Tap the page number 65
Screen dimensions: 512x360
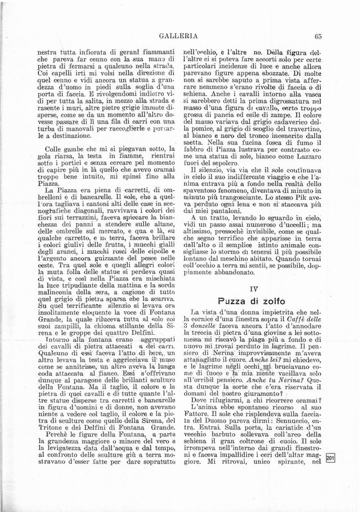click(x=318, y=37)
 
